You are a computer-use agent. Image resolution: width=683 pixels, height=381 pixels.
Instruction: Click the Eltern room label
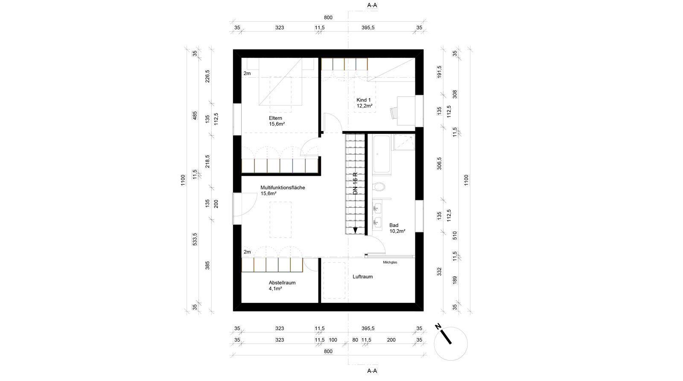click(x=275, y=118)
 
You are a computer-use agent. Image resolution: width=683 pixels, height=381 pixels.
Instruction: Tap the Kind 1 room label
click(x=363, y=100)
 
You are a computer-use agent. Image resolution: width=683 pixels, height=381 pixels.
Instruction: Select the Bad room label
click(x=394, y=225)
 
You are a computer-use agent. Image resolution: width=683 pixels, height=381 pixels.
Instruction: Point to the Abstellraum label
click(x=282, y=282)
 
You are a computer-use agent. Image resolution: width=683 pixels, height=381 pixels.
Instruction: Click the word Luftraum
click(x=362, y=277)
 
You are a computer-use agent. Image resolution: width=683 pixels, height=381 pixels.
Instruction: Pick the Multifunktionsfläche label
click(x=283, y=188)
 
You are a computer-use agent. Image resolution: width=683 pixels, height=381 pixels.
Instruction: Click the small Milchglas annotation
click(x=390, y=262)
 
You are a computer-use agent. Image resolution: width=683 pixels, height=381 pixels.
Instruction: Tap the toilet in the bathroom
click(x=379, y=186)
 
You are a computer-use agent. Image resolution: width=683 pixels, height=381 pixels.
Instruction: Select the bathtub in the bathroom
click(x=382, y=154)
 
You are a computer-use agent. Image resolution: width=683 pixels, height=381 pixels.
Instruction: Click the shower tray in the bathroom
click(x=404, y=143)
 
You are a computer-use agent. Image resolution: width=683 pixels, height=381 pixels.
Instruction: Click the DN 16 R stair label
click(x=355, y=184)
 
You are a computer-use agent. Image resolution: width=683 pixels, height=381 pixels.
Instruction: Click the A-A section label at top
click(x=372, y=5)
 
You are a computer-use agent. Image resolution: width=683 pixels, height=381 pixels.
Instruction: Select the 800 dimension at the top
click(x=328, y=17)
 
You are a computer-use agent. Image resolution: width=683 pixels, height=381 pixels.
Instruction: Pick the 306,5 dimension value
click(x=439, y=164)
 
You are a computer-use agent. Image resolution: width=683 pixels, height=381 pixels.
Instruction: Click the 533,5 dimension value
click(x=195, y=239)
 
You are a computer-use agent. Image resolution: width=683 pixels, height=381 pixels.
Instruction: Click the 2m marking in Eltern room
click(x=247, y=73)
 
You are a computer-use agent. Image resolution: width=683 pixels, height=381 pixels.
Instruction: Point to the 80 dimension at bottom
click(x=355, y=340)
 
